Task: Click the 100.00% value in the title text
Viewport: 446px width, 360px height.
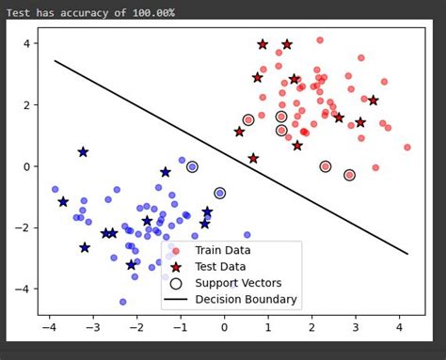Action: [147, 12]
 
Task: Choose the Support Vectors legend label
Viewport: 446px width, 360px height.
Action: [239, 283]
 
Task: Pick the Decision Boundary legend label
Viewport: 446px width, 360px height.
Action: [246, 300]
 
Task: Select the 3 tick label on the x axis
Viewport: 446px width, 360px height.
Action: [356, 327]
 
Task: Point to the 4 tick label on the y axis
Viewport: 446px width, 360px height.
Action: [28, 44]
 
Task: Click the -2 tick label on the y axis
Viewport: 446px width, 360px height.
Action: [25, 228]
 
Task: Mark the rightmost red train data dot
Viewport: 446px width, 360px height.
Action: [407, 147]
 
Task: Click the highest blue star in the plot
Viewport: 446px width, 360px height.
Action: [83, 151]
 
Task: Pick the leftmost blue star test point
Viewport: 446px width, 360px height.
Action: [63, 202]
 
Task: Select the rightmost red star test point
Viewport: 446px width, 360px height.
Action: [374, 101]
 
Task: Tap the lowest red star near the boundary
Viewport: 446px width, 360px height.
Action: [253, 158]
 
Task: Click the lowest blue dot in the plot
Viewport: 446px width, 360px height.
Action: [122, 302]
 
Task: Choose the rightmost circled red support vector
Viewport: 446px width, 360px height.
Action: [349, 175]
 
